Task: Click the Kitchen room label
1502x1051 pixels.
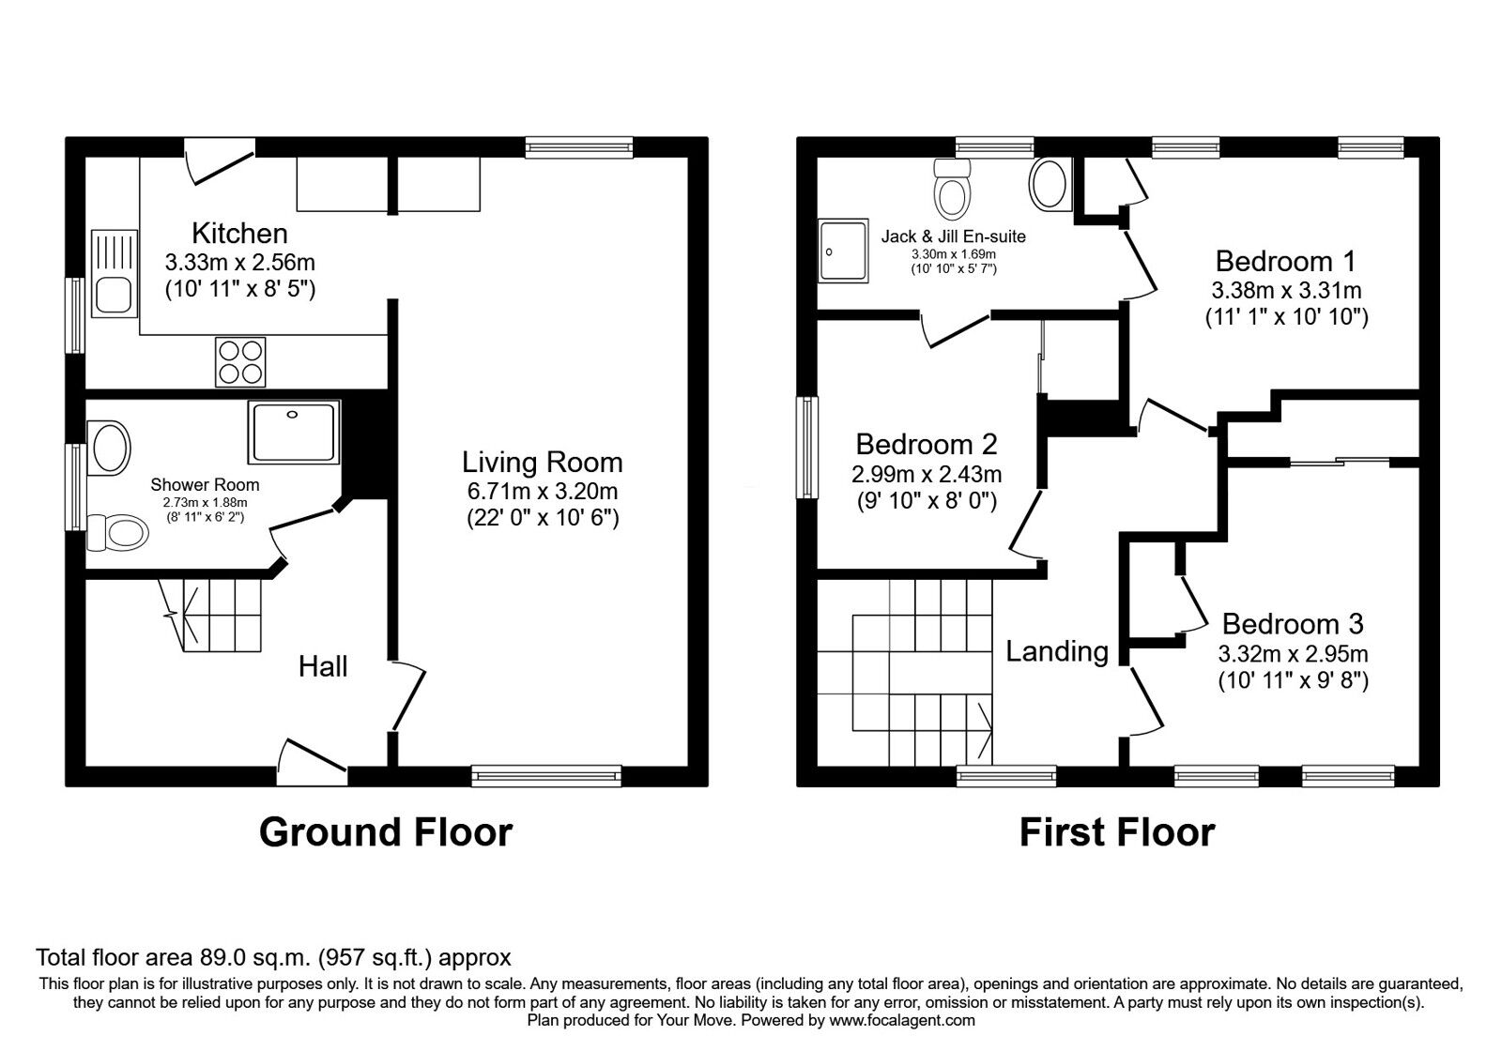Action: click(x=239, y=233)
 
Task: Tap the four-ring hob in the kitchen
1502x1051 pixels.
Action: click(x=240, y=361)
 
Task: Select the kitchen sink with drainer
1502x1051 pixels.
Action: click(x=115, y=272)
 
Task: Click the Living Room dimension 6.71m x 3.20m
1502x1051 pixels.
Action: click(x=542, y=491)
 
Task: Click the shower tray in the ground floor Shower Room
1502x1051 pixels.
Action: click(x=294, y=432)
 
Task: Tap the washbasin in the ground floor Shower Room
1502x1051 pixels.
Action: click(x=108, y=447)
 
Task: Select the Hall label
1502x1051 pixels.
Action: click(x=323, y=666)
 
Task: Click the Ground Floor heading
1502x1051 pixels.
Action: click(x=385, y=832)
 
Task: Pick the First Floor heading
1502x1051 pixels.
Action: click(x=1117, y=832)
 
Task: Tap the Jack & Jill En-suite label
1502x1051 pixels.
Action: click(x=953, y=236)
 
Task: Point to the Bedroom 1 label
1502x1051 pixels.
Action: click(x=1285, y=261)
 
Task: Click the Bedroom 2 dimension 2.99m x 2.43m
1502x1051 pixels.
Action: click(x=927, y=474)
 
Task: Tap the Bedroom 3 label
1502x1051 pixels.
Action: click(x=1293, y=624)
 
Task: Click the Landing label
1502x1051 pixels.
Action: click(x=1057, y=651)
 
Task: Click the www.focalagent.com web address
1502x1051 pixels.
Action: click(x=901, y=1020)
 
